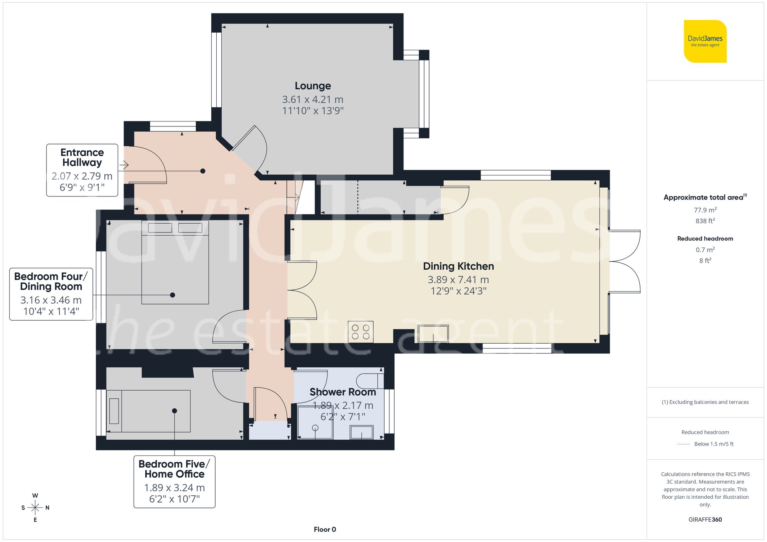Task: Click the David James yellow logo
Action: [x=705, y=41]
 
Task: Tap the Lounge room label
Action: [x=313, y=86]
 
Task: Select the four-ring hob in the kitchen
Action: [x=360, y=332]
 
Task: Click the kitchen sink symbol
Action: [x=433, y=333]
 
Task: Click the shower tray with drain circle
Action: [x=315, y=422]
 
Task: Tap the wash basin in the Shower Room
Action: [x=361, y=432]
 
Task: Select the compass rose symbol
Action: [x=35, y=508]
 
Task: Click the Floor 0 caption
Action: [x=325, y=529]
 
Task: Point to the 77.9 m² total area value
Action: [x=705, y=210]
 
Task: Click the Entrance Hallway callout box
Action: [x=82, y=170]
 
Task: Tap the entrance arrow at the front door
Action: [x=123, y=165]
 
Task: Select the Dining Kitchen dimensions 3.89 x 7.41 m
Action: [x=458, y=280]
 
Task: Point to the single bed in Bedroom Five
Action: [x=148, y=411]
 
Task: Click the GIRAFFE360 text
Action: [x=705, y=519]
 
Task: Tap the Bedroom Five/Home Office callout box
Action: [x=174, y=481]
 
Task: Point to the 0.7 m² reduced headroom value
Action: [x=705, y=250]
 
